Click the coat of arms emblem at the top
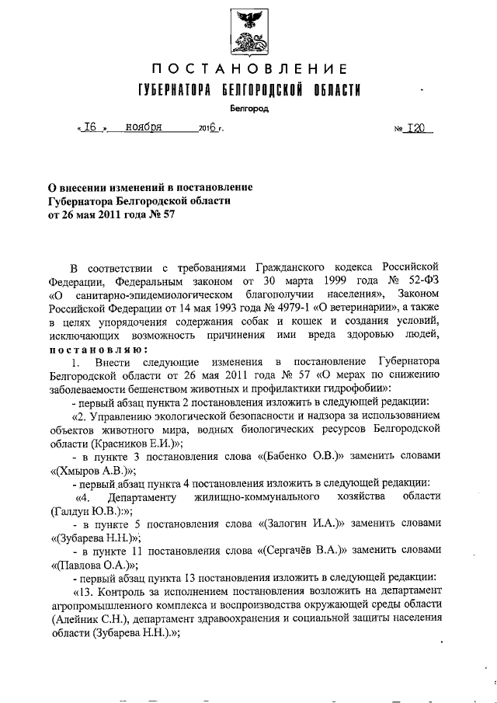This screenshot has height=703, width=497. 248,33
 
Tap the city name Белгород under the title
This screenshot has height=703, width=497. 248,109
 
